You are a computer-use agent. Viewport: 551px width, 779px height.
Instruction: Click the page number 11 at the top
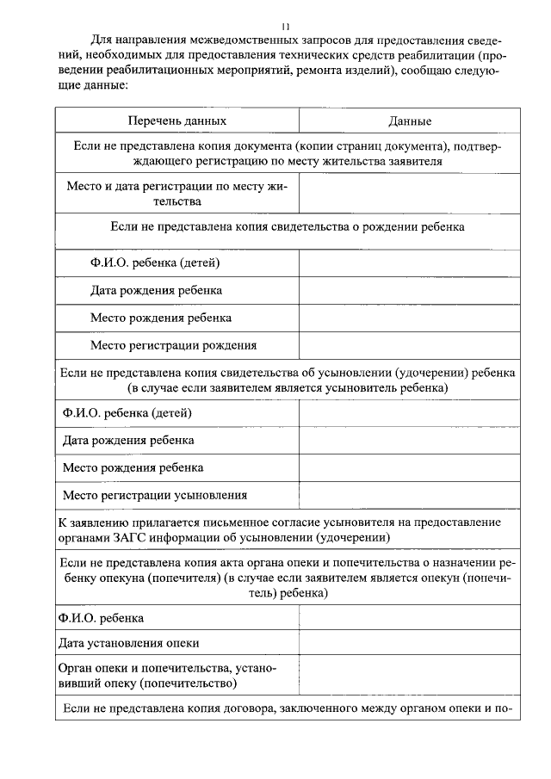click(286, 27)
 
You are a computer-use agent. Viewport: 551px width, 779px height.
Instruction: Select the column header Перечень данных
click(177, 121)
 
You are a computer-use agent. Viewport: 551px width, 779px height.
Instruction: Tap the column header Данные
click(410, 121)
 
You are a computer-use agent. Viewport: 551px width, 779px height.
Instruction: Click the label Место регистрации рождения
click(173, 345)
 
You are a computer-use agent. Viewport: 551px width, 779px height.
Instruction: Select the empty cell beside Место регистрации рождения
click(410, 345)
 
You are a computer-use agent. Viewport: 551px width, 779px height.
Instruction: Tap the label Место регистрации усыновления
click(155, 495)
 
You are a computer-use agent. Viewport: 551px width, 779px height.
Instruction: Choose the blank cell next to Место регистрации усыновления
click(410, 495)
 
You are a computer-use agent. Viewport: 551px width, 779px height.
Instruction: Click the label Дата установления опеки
click(129, 643)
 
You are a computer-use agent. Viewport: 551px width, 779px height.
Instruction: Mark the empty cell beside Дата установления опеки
click(410, 643)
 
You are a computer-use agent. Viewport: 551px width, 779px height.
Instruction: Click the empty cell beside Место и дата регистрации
click(410, 194)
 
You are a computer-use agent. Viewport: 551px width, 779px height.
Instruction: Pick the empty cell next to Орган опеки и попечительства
click(410, 676)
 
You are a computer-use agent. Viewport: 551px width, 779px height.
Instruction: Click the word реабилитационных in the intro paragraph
click(164, 71)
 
